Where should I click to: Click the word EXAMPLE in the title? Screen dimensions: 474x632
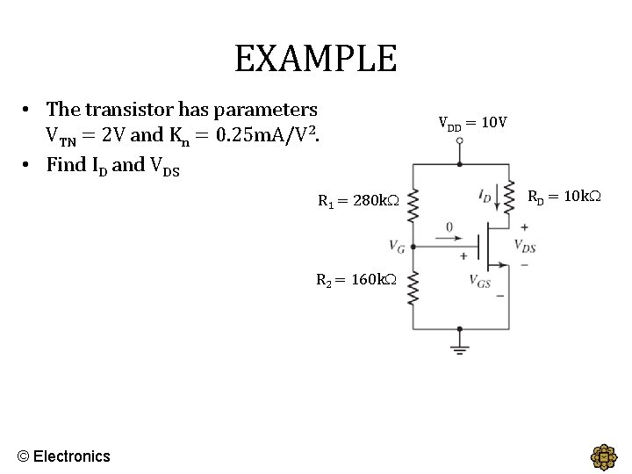click(315, 59)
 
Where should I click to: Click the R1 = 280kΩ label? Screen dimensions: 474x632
click(357, 201)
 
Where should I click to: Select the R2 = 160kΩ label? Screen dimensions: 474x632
click(356, 281)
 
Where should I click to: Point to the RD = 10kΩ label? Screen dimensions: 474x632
click(564, 196)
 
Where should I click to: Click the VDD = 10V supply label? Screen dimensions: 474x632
click(472, 122)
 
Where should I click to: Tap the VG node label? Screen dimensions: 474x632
click(397, 246)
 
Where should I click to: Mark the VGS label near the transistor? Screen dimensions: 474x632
click(479, 281)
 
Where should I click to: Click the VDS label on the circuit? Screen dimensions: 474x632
click(525, 246)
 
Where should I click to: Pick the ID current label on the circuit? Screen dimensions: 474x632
click(485, 197)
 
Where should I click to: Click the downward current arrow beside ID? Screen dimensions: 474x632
click(499, 198)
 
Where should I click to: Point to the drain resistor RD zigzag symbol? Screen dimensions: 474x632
click(508, 197)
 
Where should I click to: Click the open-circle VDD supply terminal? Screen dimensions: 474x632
click(458, 162)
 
